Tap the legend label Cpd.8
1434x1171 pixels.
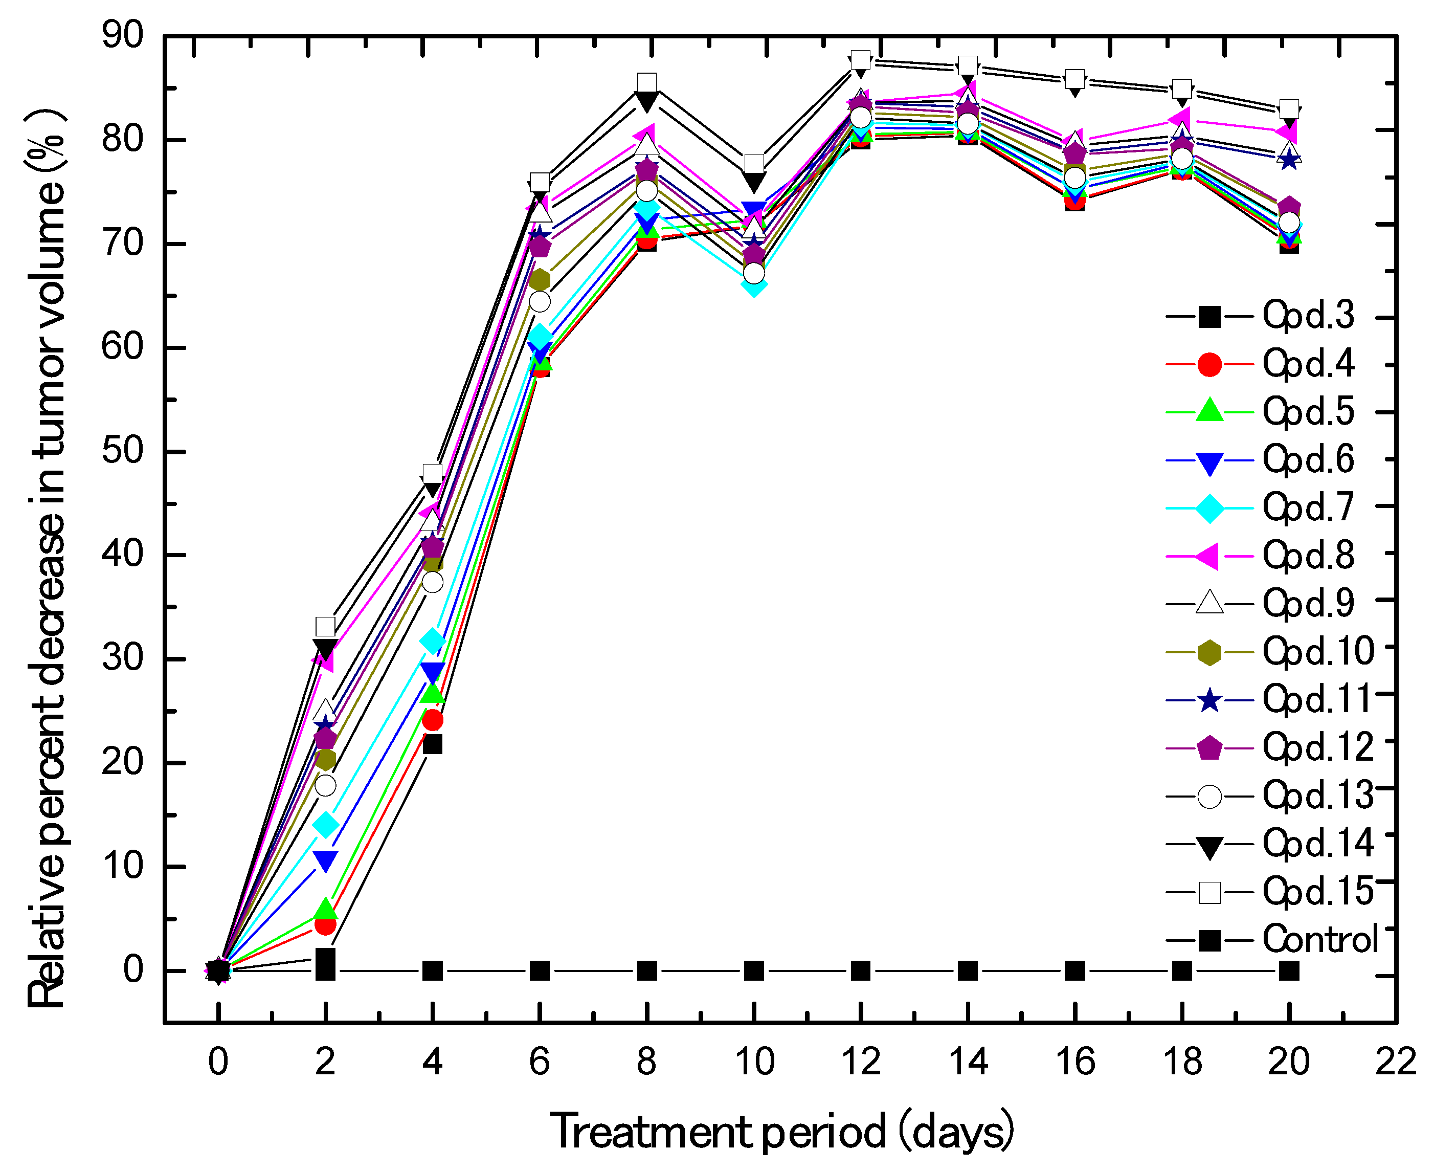click(x=1307, y=555)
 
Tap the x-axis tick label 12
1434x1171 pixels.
click(x=861, y=1062)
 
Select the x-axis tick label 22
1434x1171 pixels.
click(x=1396, y=1062)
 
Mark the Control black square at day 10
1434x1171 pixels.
click(x=754, y=971)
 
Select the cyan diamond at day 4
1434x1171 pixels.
click(x=432, y=641)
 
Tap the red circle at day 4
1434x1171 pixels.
click(x=432, y=720)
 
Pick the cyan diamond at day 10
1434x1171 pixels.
click(x=754, y=284)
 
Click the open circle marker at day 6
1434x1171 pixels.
click(x=540, y=301)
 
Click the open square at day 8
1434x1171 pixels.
click(x=646, y=83)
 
